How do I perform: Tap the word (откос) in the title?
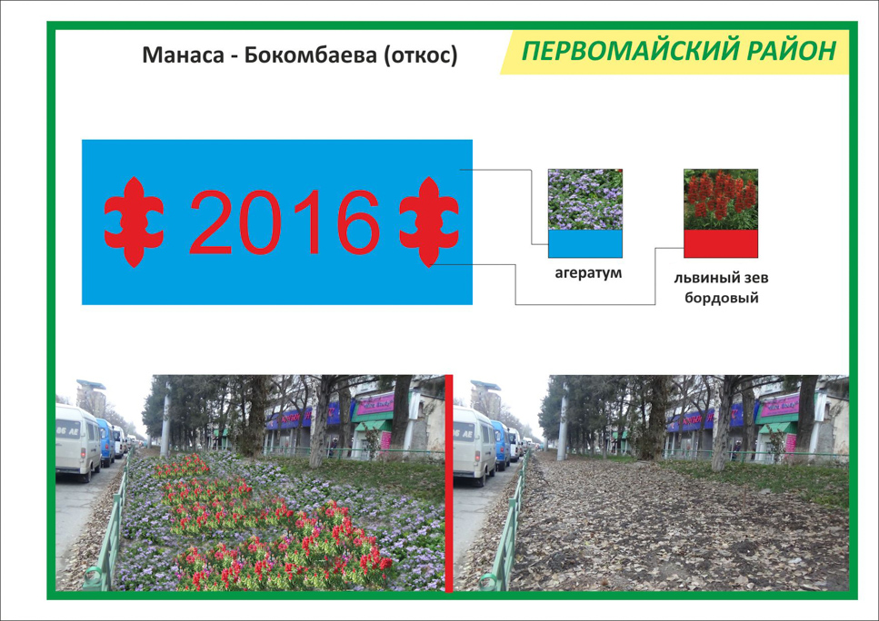click(421, 55)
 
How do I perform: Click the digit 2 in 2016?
click(211, 222)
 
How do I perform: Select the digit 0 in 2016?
click(261, 222)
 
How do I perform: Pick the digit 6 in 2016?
click(359, 222)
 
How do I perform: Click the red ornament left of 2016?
click(134, 222)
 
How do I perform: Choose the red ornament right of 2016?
click(429, 222)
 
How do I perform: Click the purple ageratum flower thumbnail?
click(585, 200)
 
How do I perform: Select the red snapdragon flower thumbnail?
click(721, 200)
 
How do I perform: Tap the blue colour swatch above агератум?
click(585, 243)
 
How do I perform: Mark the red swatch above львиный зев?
click(721, 243)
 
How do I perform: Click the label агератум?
click(588, 274)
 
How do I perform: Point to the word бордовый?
click(722, 298)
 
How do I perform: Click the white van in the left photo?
click(78, 442)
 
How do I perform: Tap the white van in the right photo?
click(474, 445)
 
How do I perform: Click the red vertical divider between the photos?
click(448, 483)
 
